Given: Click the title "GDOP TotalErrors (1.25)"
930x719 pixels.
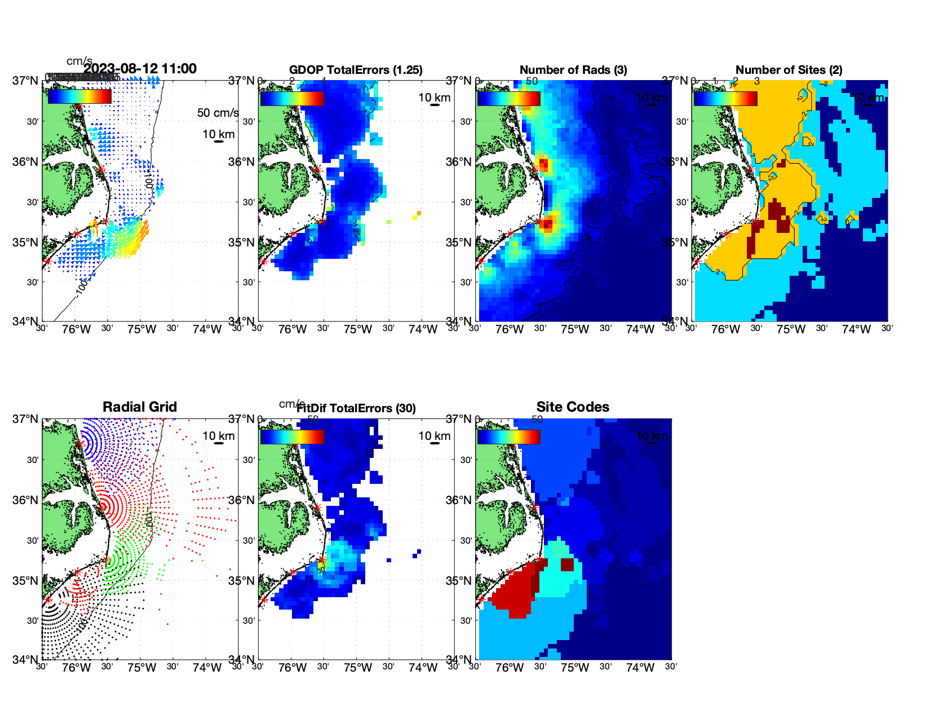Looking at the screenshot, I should coord(356,70).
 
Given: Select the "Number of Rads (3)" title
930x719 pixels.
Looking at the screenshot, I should coord(573,70).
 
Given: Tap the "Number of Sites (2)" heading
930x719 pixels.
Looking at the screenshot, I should coord(789,70).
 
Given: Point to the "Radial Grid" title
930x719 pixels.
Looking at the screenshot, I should coord(140,407).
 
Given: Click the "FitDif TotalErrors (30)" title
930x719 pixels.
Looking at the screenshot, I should coord(356,408).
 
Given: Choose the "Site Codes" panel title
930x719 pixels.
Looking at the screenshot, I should coord(573,407).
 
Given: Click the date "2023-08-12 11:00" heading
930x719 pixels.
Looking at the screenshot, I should coord(140,69).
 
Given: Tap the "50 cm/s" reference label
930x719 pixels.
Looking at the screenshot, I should coord(218,113).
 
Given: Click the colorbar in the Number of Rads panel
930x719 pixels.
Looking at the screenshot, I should coord(508,98).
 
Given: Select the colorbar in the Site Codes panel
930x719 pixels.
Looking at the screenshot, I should coord(508,436).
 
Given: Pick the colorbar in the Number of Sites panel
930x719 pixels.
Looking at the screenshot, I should coord(725,98).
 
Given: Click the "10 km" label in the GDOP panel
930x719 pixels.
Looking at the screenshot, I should coord(434,98).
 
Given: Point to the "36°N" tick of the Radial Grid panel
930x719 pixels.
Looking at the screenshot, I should coord(25,500).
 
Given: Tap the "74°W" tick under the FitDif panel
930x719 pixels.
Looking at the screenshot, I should coord(423,668).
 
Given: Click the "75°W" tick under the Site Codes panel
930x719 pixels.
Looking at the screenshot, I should coord(574,668).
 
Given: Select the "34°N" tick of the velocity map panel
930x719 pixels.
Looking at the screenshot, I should coord(25,321).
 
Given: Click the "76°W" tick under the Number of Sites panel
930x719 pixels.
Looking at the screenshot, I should coord(725,329).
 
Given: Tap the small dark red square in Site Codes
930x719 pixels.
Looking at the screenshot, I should coord(566,564).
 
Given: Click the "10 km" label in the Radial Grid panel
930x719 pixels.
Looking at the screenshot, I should coord(218,436).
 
